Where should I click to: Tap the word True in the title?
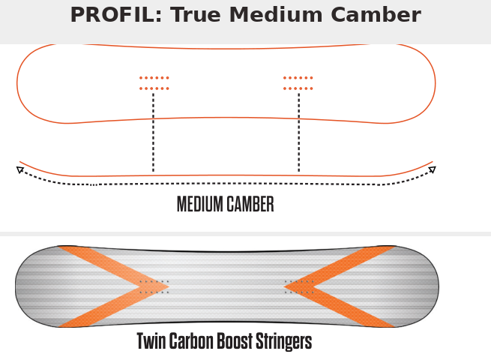196,15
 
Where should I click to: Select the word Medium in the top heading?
276,15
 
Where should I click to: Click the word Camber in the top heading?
376,15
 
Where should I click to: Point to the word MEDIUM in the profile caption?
200,204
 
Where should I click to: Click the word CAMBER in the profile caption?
250,204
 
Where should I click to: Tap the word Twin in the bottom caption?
151,341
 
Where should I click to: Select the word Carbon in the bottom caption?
193,341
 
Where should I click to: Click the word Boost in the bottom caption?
235,341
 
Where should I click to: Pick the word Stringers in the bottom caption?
283,342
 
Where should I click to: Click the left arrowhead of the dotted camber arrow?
19,169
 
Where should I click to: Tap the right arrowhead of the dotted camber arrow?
433,169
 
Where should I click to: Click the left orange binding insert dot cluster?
154,83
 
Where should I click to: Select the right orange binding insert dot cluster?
298,83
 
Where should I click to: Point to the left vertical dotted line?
153,132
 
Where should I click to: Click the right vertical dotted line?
299,132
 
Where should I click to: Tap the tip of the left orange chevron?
169,286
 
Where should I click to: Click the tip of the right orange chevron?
284,286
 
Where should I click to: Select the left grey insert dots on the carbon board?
154,287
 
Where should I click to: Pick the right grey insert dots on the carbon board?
299,287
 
